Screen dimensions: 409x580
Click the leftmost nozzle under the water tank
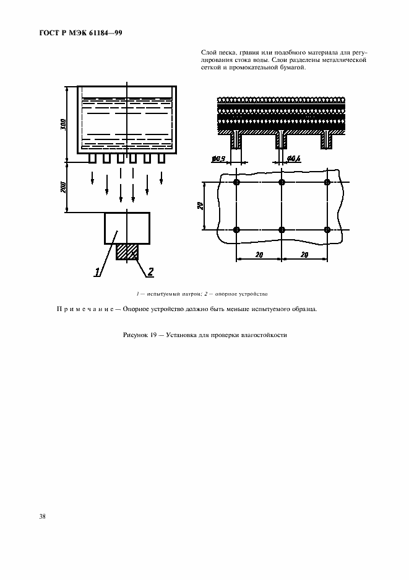click(x=92, y=159)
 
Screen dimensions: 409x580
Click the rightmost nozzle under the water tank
click(x=161, y=159)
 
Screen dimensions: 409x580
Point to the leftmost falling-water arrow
click(x=92, y=178)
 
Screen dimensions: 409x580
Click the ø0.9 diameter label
click(x=217, y=159)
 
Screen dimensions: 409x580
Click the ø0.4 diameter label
click(x=294, y=159)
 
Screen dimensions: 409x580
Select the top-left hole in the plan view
click(x=236, y=182)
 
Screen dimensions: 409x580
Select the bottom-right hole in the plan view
click(x=327, y=230)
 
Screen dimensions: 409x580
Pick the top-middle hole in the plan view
click(x=282, y=182)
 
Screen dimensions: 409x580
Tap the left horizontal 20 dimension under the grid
click(x=259, y=255)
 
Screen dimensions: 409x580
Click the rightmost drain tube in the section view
click(x=326, y=141)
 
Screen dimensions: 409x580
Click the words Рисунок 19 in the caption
click(x=139, y=335)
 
